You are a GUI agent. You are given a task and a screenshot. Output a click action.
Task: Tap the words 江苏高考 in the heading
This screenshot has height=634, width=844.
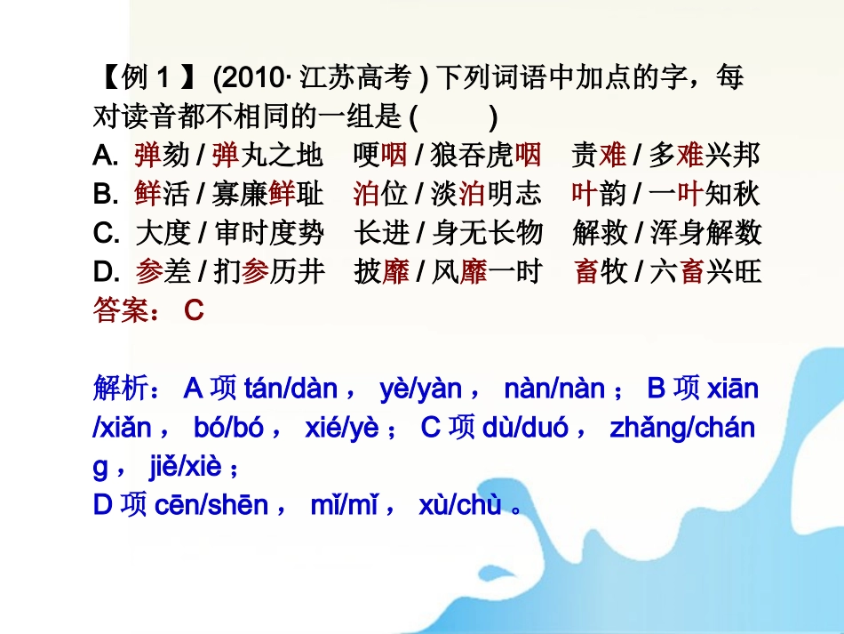[355, 79]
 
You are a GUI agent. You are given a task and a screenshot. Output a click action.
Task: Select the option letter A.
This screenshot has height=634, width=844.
[105, 156]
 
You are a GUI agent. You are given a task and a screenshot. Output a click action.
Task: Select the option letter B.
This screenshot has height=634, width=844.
[105, 194]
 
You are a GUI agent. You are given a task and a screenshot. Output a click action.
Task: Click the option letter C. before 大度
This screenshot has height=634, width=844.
[106, 233]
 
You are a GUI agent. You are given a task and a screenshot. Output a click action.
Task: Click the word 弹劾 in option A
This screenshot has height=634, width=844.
[162, 156]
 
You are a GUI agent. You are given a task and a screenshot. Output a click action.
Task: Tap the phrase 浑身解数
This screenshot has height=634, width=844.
[705, 233]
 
